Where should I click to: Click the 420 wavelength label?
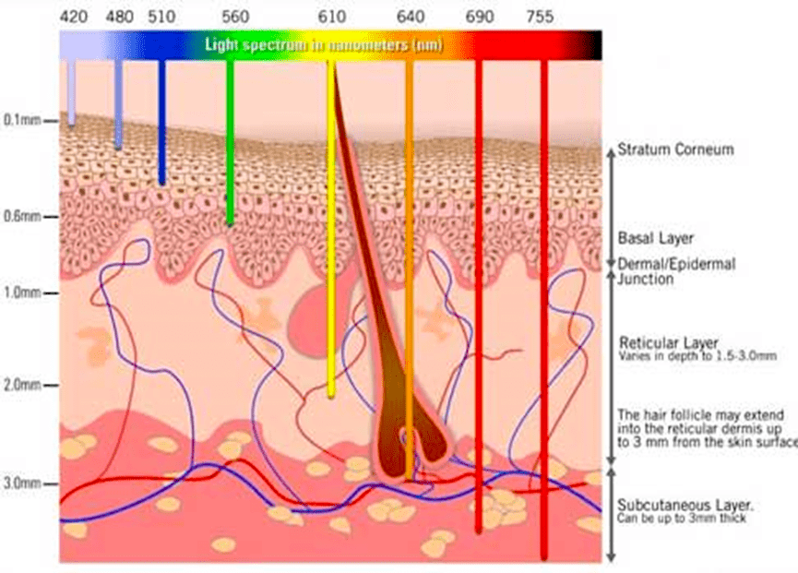click(x=74, y=17)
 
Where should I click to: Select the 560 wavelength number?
click(x=235, y=17)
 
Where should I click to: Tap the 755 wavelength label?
click(x=540, y=17)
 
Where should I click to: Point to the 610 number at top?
click(x=332, y=17)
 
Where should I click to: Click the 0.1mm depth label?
click(x=22, y=120)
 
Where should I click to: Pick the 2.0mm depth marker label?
click(x=22, y=385)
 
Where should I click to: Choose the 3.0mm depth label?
click(x=22, y=483)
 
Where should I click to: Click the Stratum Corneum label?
click(x=675, y=149)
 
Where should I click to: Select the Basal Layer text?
click(x=656, y=238)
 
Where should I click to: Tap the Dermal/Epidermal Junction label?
click(x=676, y=271)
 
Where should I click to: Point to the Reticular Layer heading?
click(x=668, y=342)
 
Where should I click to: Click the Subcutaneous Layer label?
click(x=685, y=506)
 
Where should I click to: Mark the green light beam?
click(x=230, y=142)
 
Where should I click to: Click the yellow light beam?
click(x=331, y=229)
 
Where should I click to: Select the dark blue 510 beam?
click(x=161, y=122)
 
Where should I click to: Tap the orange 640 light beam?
click(x=410, y=269)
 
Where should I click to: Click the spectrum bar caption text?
click(x=324, y=45)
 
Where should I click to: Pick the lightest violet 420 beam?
click(x=71, y=92)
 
